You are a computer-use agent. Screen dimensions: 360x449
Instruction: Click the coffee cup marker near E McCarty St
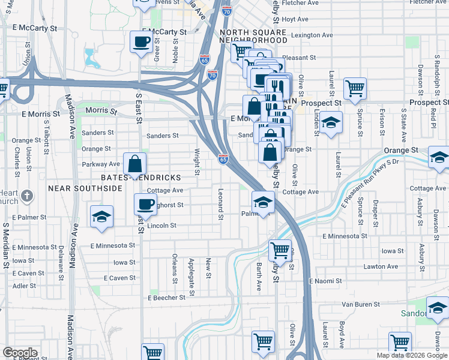click(141, 43)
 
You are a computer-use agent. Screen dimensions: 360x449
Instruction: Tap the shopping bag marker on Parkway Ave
click(135, 164)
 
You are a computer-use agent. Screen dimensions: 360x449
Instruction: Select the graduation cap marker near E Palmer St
click(101, 217)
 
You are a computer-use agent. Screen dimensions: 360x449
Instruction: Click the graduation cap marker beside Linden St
click(330, 124)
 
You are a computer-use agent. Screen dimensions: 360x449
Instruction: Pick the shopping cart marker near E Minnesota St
click(279, 250)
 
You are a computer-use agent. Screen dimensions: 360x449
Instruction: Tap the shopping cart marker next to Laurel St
click(355, 89)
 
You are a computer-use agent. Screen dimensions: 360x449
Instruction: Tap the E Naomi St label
click(325, 281)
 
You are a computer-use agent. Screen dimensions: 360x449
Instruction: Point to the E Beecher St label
click(166, 298)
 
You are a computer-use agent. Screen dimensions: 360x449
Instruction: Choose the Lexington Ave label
click(312, 35)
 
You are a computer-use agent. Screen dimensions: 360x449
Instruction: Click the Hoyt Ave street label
click(295, 19)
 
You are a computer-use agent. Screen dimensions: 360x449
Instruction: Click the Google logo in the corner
click(20, 353)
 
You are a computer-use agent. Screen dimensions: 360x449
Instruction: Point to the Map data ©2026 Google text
click(412, 355)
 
